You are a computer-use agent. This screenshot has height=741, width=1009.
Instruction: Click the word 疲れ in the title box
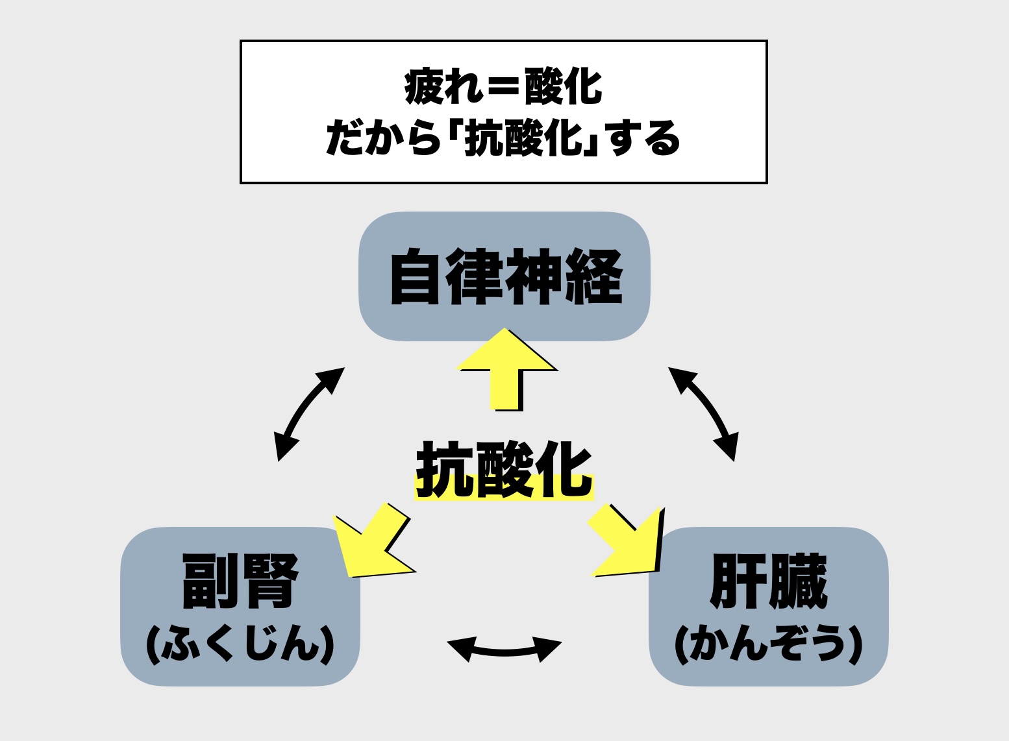click(x=443, y=87)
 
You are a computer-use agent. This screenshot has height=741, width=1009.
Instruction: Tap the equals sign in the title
click(x=503, y=87)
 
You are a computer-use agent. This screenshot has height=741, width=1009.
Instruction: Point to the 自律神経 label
click(x=505, y=277)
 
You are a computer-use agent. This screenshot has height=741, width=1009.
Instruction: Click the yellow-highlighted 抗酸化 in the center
click(x=504, y=470)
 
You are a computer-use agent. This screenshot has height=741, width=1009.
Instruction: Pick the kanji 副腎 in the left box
click(x=240, y=581)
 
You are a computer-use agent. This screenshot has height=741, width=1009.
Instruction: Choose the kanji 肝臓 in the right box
click(x=768, y=581)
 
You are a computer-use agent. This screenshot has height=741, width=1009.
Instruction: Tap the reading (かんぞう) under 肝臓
click(x=768, y=644)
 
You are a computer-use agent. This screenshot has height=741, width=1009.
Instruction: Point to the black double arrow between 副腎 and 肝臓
click(x=504, y=650)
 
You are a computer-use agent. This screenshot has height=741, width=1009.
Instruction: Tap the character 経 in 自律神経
click(x=593, y=277)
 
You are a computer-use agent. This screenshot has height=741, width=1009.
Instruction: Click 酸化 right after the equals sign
click(x=563, y=87)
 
